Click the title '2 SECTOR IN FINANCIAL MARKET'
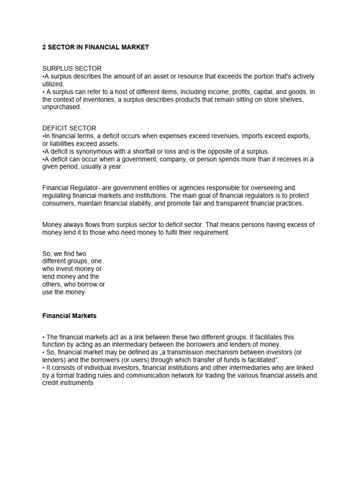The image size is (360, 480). tap(96, 48)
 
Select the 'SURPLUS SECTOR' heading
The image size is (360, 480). tap(72, 69)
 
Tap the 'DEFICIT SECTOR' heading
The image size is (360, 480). tap(69, 128)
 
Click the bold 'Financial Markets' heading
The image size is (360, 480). tap(69, 316)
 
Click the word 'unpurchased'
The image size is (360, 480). tap(61, 107)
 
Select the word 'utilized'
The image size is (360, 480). tap(52, 84)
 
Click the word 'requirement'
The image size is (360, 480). tap(211, 232)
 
